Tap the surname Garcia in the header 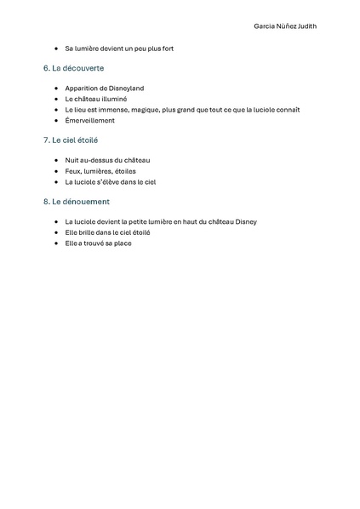click(x=266, y=26)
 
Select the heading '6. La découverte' click(x=74, y=67)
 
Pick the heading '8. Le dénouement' click(x=76, y=202)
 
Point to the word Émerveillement click(x=89, y=120)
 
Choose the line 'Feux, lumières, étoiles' click(x=100, y=170)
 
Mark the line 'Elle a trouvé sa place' click(x=98, y=243)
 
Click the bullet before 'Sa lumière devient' click(x=55, y=49)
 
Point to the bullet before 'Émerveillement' click(x=55, y=120)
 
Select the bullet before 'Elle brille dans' click(x=55, y=232)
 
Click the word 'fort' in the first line click(x=167, y=49)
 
